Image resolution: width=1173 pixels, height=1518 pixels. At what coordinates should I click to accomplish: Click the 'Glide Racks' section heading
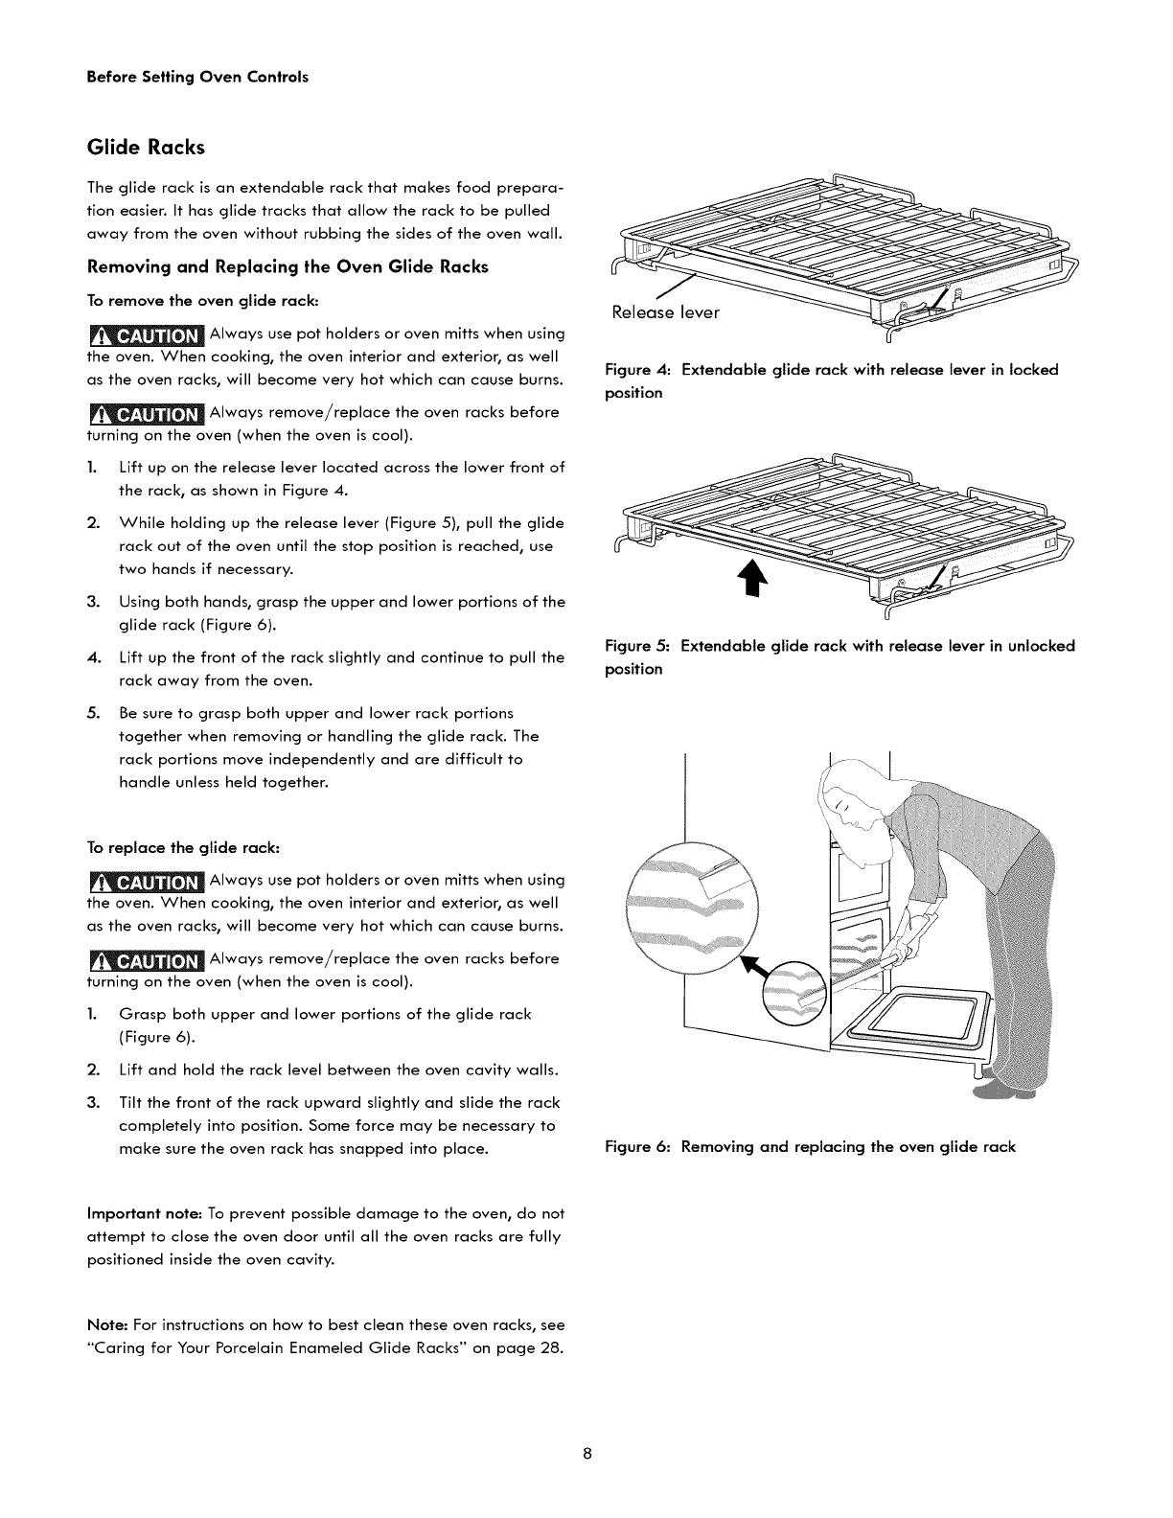tap(146, 148)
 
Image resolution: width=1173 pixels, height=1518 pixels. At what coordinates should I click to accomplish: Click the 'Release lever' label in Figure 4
tap(665, 312)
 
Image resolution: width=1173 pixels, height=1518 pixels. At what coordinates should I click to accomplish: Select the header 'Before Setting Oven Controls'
tap(197, 77)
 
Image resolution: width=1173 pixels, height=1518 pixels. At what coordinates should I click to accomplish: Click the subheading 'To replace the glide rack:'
tap(183, 848)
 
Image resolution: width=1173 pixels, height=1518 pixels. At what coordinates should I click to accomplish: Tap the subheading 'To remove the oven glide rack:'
tap(202, 301)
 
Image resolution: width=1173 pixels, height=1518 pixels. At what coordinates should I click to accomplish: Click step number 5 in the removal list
tap(93, 713)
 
